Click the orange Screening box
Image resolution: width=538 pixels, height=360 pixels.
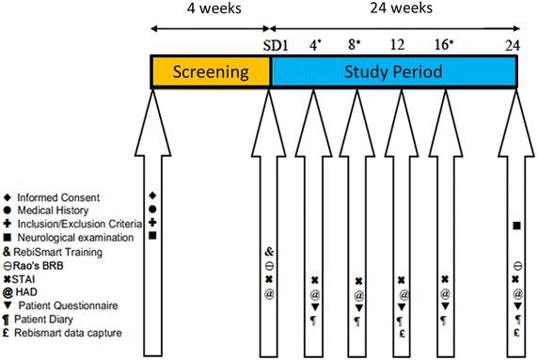(x=212, y=71)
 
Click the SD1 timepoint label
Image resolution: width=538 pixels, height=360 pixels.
(x=272, y=44)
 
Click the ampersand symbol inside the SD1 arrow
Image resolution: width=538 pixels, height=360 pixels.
(x=270, y=252)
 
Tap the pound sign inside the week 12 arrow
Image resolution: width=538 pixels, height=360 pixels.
(x=402, y=335)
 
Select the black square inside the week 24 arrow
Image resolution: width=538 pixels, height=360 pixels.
(x=516, y=225)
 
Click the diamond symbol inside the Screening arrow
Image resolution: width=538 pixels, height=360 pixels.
(x=152, y=196)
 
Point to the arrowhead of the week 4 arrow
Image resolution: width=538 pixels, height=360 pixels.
(x=314, y=104)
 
